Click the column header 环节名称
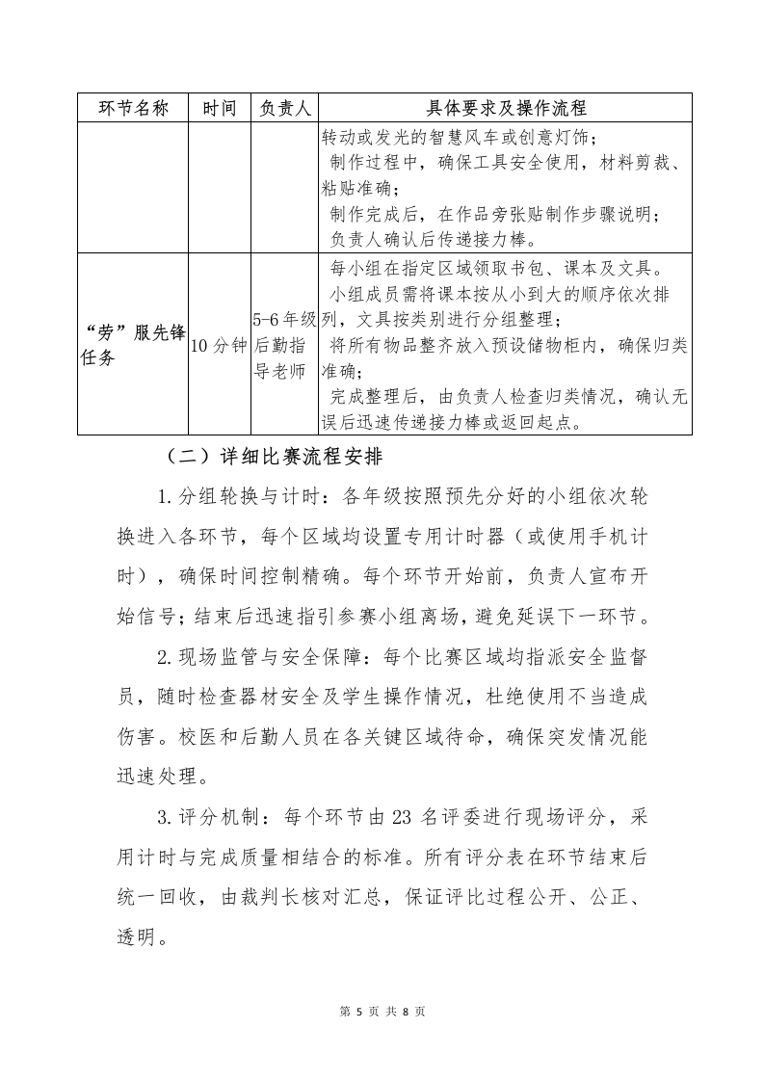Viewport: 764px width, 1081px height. pos(134,108)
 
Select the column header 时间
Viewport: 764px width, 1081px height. pos(219,108)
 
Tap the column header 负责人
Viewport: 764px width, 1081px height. pos(284,108)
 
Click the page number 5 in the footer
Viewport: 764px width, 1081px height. pos(358,1012)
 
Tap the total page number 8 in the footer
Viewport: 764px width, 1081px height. pos(406,1012)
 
